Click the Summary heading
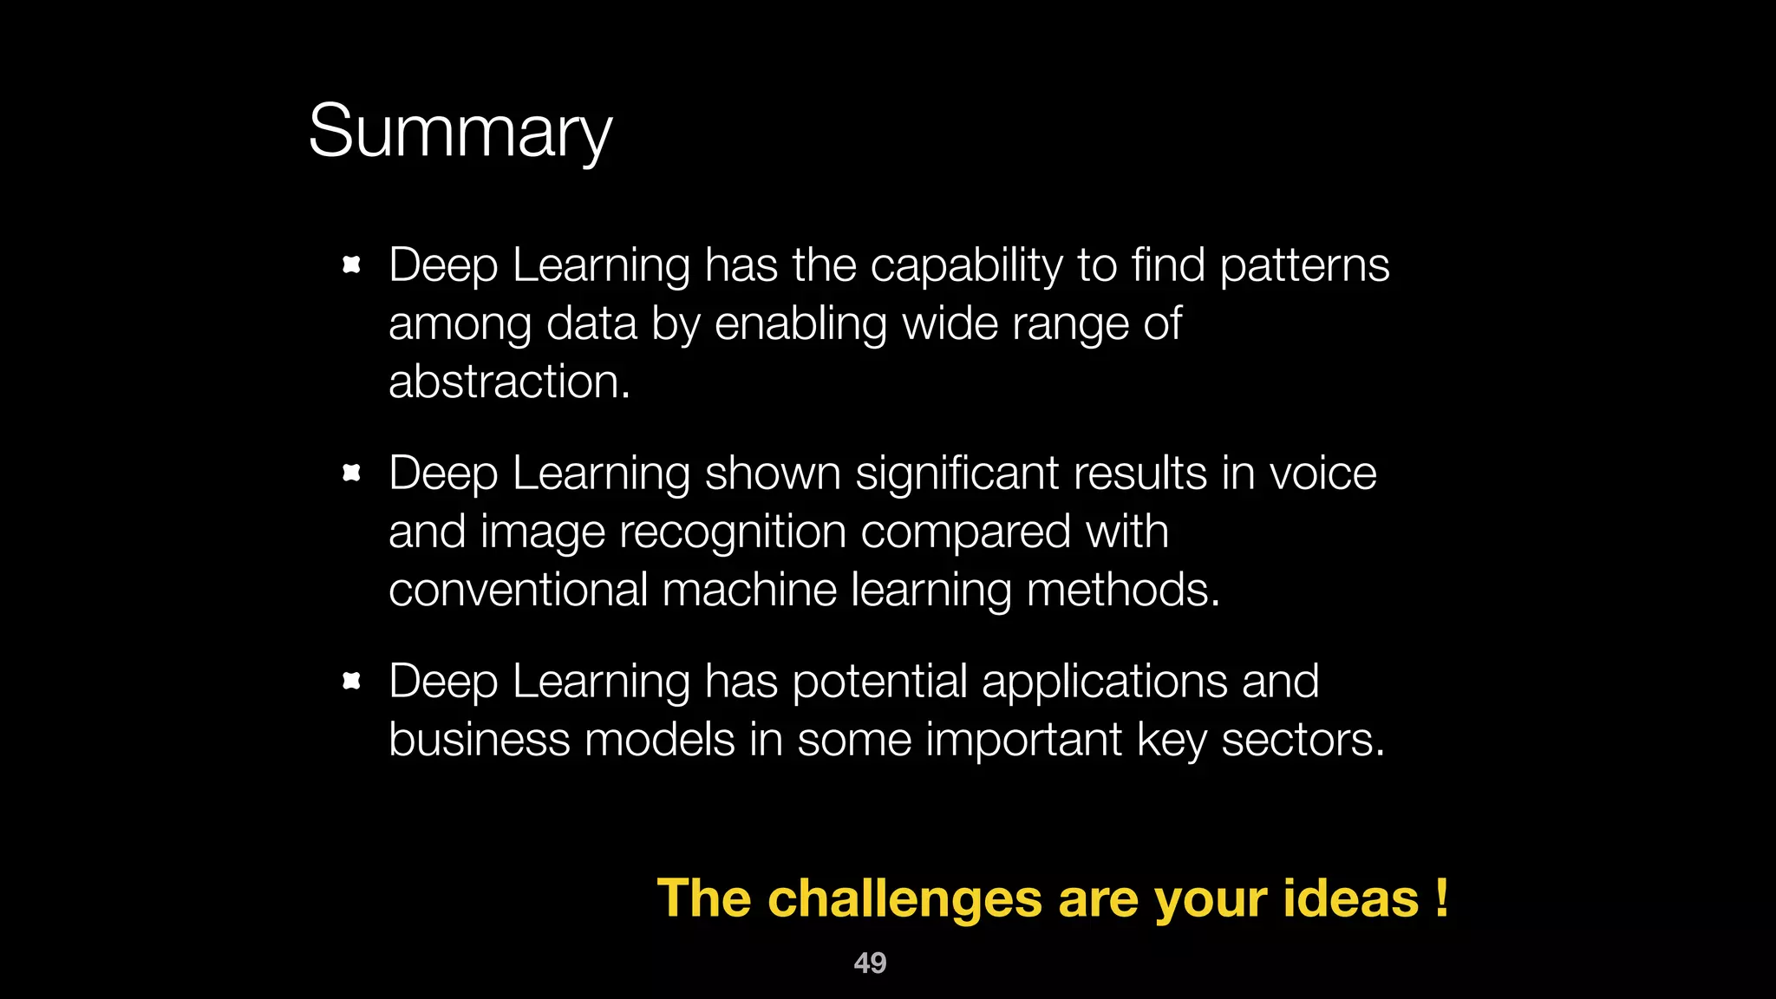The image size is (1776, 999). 460,132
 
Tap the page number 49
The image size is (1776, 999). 870,963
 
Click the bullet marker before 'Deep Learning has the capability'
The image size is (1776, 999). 351,264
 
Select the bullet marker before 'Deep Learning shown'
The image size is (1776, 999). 351,473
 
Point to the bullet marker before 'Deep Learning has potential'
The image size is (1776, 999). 351,681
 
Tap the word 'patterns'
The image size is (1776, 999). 1304,265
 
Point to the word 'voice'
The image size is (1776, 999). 1322,473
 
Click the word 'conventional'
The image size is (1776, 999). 518,590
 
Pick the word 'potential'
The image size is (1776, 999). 879,682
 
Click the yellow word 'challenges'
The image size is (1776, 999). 904,898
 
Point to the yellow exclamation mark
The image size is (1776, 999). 1441,898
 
